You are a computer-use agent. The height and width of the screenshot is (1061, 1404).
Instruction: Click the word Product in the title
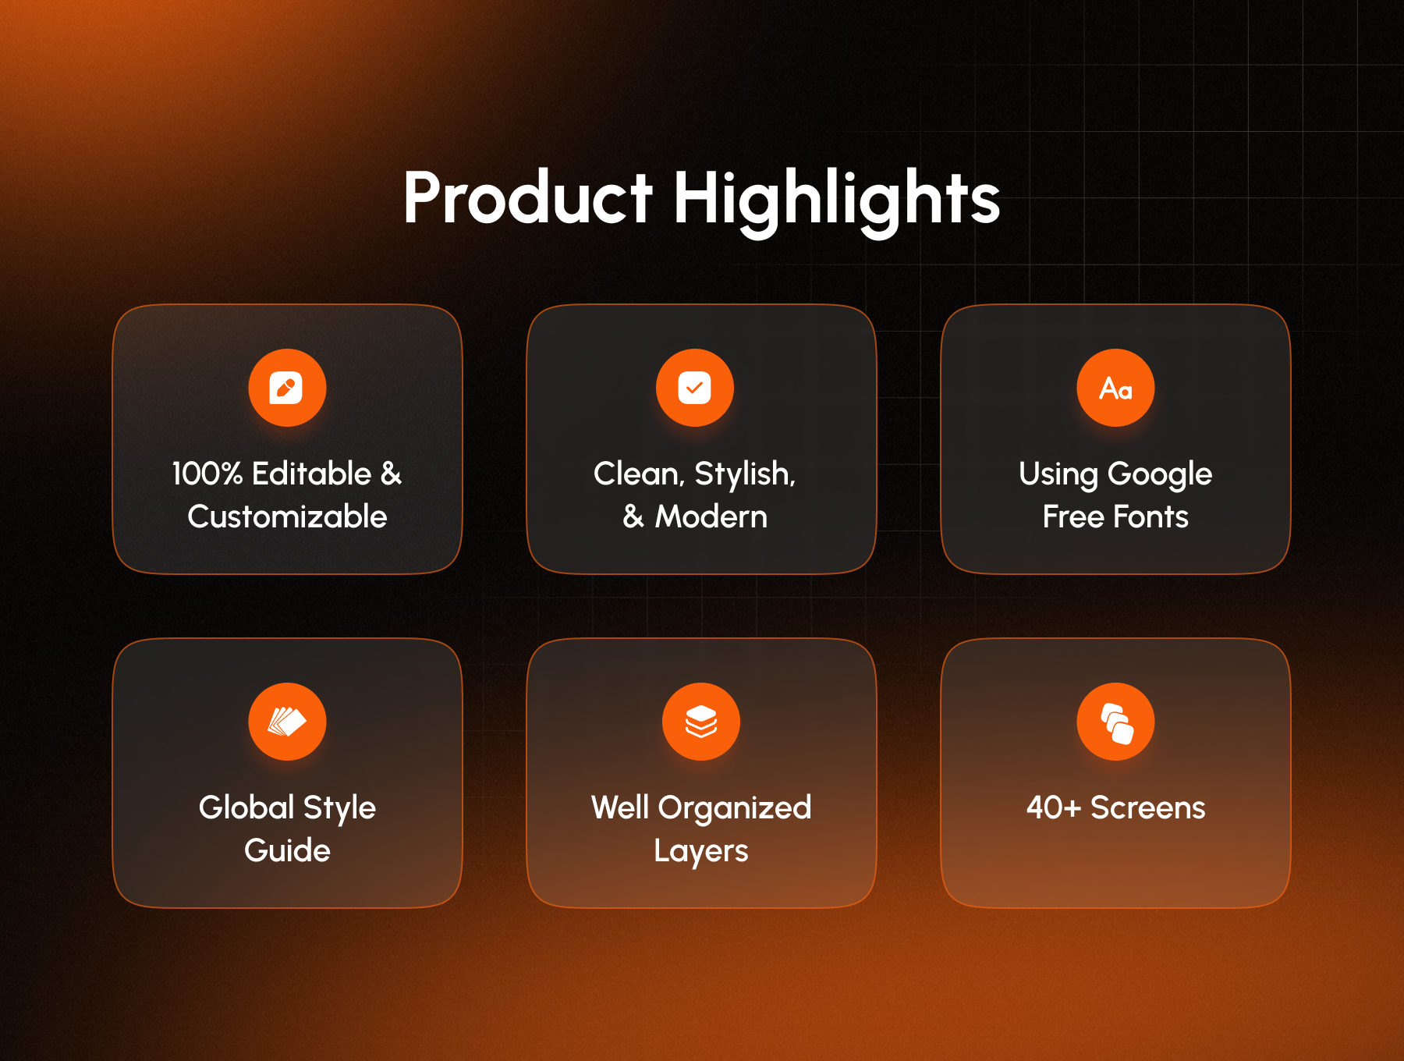tap(528, 198)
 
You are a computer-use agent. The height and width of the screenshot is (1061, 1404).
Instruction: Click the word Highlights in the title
tap(837, 201)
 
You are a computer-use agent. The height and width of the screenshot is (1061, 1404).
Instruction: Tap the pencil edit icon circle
tap(287, 388)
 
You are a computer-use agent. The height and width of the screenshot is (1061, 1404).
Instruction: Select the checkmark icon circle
tap(695, 388)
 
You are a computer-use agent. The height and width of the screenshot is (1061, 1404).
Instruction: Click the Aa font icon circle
tap(1115, 388)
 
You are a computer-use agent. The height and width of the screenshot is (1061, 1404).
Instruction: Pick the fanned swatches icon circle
tap(287, 722)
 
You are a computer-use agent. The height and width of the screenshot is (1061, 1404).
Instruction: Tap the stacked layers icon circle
tap(701, 722)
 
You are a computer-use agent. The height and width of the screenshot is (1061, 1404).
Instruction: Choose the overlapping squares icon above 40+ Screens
tap(1115, 722)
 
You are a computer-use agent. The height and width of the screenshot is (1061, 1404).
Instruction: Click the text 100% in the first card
tap(207, 474)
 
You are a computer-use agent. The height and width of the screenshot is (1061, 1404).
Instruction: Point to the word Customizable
tap(287, 516)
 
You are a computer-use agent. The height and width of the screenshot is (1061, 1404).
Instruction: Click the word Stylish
tap(745, 474)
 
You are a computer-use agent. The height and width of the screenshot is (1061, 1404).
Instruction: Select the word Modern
tap(711, 516)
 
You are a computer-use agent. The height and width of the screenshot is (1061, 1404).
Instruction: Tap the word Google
tap(1160, 475)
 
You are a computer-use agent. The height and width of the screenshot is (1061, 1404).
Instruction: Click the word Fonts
tap(1151, 516)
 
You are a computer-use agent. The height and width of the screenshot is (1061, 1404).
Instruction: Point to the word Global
tap(246, 807)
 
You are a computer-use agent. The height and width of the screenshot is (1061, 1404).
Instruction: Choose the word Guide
tap(287, 850)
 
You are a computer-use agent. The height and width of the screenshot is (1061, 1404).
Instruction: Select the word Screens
tap(1148, 807)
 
